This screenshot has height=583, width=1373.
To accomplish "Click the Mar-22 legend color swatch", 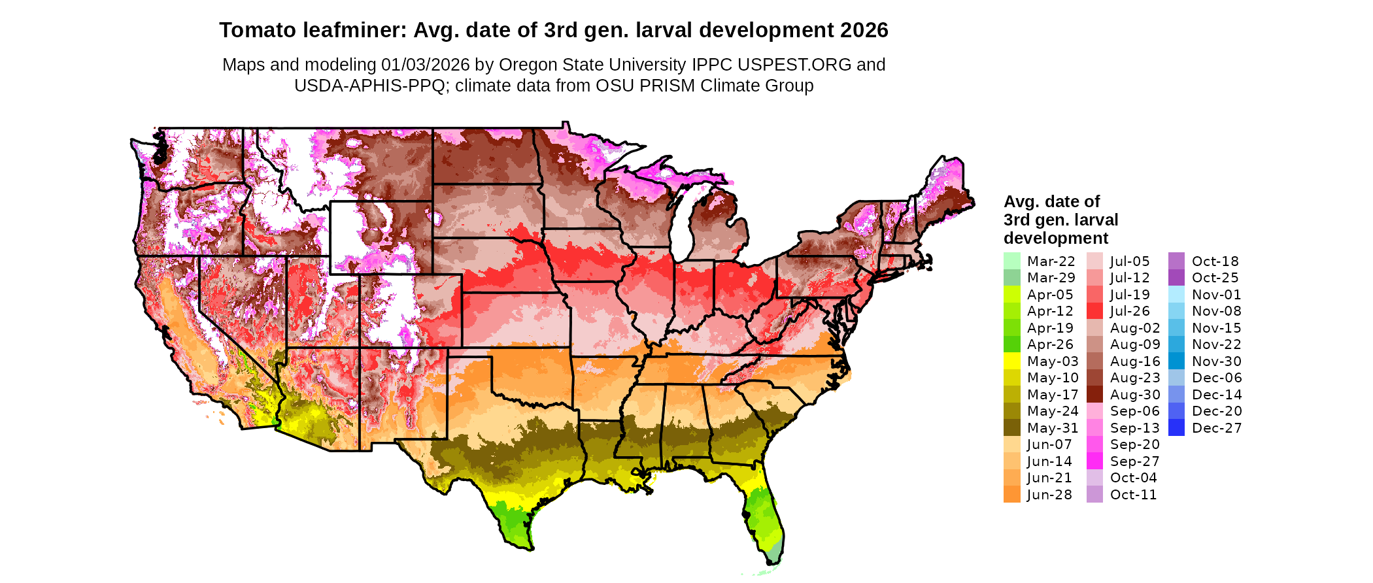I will (x=1011, y=261).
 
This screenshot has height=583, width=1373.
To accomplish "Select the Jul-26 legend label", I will (x=1130, y=311).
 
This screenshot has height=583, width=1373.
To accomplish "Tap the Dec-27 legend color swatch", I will (x=1176, y=428).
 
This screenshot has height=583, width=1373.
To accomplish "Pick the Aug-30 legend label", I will (x=1135, y=395).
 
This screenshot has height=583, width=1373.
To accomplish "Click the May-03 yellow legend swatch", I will (x=1011, y=361).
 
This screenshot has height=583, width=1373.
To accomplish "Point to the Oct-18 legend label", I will (x=1215, y=261).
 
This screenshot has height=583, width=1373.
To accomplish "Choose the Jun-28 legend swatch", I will (x=1011, y=495).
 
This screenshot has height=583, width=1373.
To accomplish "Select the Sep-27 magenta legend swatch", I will (x=1094, y=461).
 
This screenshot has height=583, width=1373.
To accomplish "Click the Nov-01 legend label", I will (x=1216, y=295).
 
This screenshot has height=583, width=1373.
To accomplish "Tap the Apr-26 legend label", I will (x=1050, y=344).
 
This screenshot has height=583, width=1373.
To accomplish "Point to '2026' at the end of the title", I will (x=864, y=31).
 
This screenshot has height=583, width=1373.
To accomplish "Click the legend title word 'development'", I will (x=1056, y=238).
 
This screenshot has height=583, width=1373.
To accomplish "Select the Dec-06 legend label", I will (x=1217, y=378).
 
